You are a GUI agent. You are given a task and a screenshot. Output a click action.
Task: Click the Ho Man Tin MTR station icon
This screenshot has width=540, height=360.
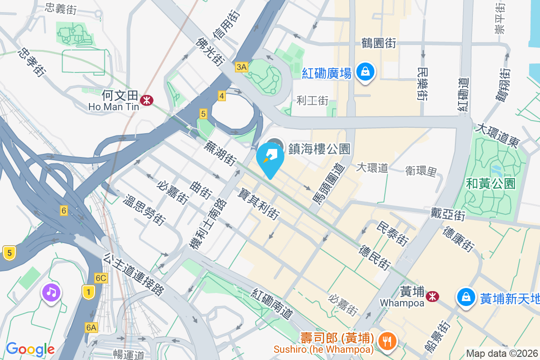pos(146,100)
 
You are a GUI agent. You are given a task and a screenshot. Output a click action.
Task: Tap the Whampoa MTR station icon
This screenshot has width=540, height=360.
pos(432,296)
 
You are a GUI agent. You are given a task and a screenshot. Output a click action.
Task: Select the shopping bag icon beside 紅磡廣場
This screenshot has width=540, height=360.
pos(365,72)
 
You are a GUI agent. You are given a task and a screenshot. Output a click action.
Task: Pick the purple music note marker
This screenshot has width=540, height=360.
pos(51,293)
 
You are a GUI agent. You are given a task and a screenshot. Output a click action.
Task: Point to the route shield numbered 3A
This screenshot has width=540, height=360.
pos(241,67)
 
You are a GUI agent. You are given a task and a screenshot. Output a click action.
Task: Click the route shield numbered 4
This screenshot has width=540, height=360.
pos(221,95)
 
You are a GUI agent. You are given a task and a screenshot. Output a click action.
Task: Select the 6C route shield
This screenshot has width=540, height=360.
pos(101,278)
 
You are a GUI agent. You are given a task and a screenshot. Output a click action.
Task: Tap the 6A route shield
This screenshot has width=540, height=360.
pos(91,327)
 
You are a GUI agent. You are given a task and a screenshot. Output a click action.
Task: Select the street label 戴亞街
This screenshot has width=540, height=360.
pos(447,214)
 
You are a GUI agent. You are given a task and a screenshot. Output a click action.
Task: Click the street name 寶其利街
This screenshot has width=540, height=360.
pos(258,204)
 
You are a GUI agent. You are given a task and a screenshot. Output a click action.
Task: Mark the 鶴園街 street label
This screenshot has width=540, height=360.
pos(378,43)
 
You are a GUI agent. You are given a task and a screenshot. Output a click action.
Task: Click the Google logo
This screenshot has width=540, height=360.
pos(30,349)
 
